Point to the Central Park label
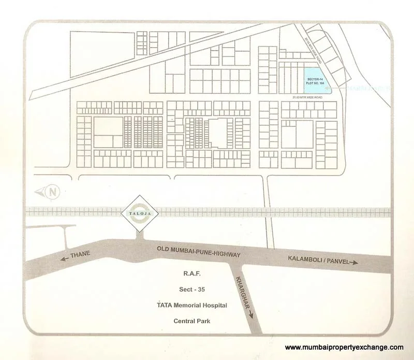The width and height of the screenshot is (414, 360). [x=192, y=321]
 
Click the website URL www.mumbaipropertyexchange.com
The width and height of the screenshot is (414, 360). [x=344, y=348]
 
